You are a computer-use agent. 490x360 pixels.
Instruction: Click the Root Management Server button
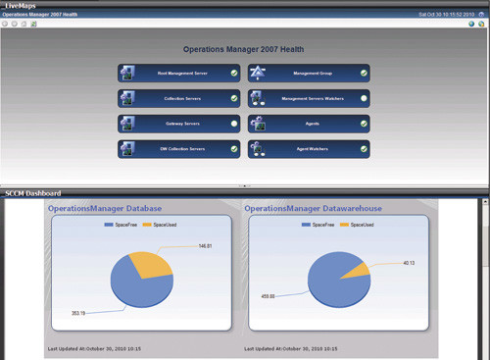[179, 73]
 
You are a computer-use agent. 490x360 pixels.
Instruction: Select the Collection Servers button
[179, 98]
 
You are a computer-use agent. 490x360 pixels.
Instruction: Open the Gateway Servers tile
[179, 124]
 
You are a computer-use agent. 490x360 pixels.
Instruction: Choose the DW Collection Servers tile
[179, 149]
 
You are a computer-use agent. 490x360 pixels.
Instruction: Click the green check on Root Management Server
[234, 73]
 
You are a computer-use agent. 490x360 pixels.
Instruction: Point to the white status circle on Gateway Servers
[234, 124]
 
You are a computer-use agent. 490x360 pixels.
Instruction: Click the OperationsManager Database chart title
[105, 209]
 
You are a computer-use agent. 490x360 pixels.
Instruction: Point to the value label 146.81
[205, 245]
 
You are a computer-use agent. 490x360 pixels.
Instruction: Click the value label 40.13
[409, 262]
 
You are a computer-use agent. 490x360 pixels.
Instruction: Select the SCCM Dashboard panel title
[33, 193]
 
